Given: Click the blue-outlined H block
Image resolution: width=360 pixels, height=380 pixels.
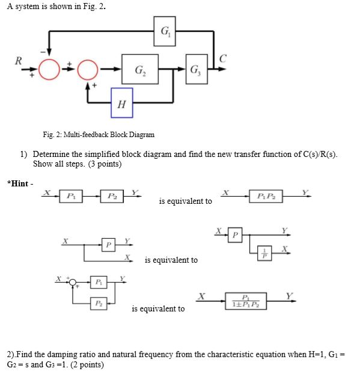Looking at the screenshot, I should pos(121,103).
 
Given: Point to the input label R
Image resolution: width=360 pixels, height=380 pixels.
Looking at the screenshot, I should pos(19,61).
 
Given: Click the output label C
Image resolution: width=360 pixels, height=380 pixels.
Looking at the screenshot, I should pos(223,58).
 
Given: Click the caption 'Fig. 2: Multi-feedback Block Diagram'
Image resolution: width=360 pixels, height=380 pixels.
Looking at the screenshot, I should pos(99,134).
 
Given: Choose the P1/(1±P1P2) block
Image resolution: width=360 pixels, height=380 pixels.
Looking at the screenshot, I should pos(246,301).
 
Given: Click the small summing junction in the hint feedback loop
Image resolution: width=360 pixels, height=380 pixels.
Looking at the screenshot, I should pos(73,282).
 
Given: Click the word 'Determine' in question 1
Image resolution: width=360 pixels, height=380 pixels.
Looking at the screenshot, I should pos(50,155).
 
